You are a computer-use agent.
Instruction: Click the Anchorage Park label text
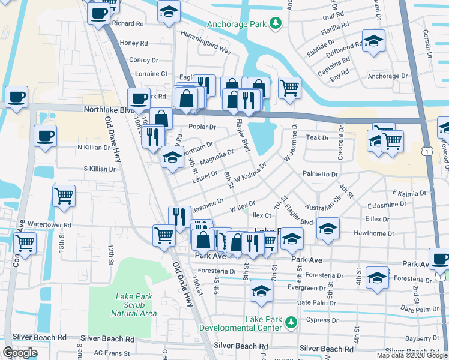click(237, 25)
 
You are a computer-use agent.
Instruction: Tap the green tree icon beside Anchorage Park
click(276, 23)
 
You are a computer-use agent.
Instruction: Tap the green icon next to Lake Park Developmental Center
click(291, 323)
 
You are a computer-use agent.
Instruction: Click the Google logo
click(20, 353)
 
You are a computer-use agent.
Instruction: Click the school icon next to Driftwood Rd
click(374, 42)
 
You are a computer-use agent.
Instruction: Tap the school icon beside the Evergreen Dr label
click(261, 290)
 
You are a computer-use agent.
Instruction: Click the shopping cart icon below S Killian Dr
click(64, 195)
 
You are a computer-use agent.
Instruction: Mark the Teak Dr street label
click(318, 137)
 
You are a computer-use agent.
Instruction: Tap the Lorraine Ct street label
click(151, 74)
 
